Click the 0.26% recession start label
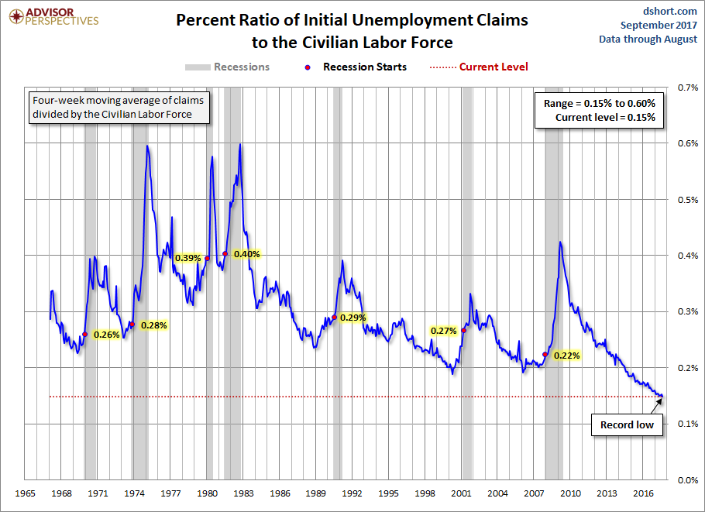106,335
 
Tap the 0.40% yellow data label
249,253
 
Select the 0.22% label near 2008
567,356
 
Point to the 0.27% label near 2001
443,331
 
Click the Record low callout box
627,424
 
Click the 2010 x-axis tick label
571,493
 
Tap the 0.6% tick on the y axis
686,143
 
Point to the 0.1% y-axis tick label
686,424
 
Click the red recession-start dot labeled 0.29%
335,317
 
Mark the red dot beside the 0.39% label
207,258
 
